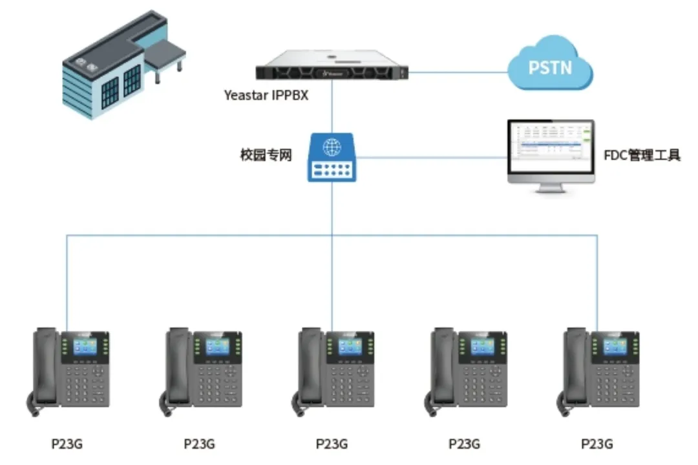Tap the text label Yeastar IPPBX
click(266, 96)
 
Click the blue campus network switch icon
click(332, 157)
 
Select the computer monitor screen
click(551, 147)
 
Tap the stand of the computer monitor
click(550, 188)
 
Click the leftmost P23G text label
click(67, 444)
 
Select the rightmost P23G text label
click(597, 444)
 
